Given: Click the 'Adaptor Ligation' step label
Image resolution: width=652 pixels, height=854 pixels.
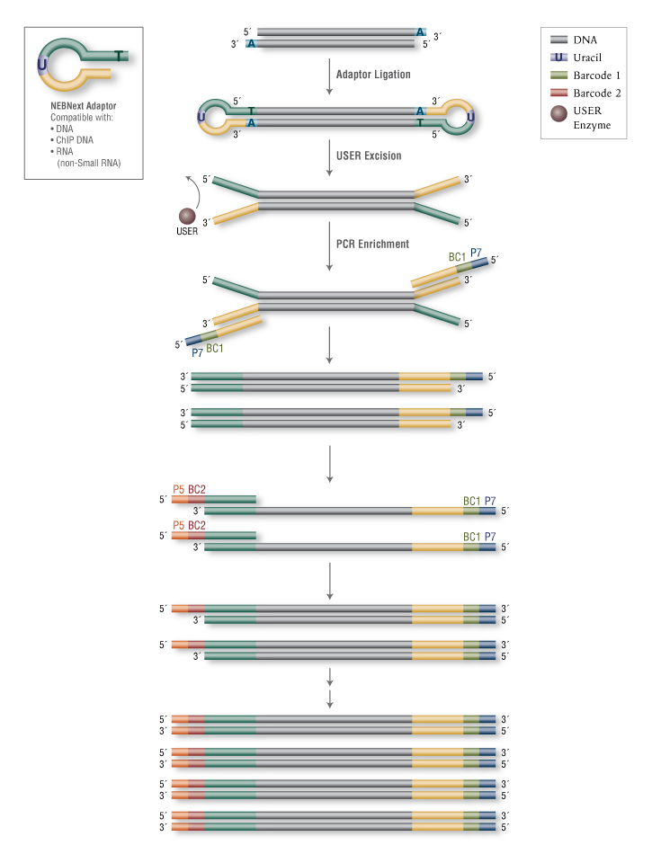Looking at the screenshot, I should coord(372,75).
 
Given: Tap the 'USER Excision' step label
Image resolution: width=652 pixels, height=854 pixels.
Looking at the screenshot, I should coord(369,156).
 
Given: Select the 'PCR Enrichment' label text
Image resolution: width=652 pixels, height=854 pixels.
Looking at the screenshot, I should coord(372,244).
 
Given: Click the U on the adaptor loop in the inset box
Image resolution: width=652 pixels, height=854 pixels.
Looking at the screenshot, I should coord(42,65).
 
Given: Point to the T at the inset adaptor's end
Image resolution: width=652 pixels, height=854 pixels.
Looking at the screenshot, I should coord(121,56).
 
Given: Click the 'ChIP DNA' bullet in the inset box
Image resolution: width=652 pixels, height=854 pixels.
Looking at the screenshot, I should coord(73,140).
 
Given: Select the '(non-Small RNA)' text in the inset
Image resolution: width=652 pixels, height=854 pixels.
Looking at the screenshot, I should coord(88,163).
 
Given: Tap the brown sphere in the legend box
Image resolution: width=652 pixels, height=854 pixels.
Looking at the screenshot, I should coord(558,113).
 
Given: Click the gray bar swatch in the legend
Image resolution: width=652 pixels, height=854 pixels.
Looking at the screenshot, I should coord(558,40).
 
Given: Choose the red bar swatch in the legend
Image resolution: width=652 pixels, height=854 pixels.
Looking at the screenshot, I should coord(558,93).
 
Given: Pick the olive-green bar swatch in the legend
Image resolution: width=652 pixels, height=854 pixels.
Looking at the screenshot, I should coord(558,75).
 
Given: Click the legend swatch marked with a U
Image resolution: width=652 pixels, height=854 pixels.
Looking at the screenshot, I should coord(558,57).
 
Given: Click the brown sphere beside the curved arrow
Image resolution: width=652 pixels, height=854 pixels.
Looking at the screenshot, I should coord(188,216).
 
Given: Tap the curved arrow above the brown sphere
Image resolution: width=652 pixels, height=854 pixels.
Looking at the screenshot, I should coord(191,189).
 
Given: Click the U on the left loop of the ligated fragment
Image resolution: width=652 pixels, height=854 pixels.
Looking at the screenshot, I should coord(200,117).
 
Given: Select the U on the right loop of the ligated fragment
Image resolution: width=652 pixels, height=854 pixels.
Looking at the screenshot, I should coord(469,117).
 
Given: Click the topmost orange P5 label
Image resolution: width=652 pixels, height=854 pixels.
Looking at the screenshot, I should coord(179,489).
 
